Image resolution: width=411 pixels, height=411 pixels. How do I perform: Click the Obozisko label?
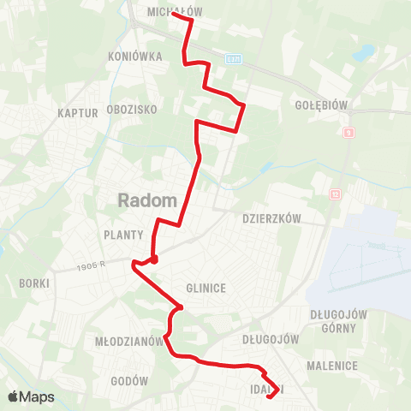tap(131, 110)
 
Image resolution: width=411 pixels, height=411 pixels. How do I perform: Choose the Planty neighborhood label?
tap(123, 234)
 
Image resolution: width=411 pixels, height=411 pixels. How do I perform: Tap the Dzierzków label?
tap(272, 218)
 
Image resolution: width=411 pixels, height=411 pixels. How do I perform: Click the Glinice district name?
tap(205, 289)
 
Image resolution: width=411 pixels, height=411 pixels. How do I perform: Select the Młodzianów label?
tap(129, 341)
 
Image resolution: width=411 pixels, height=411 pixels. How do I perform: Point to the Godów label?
tap(130, 381)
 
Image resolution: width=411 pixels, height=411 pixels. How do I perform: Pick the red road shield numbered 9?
tap(348, 133)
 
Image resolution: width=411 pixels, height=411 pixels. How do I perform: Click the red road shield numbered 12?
tap(336, 195)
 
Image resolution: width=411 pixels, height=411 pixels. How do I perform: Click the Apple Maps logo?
tap(31, 396)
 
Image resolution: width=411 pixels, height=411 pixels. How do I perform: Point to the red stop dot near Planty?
tap(154, 259)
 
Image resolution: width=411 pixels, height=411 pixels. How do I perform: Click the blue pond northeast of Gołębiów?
tap(361, 52)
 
